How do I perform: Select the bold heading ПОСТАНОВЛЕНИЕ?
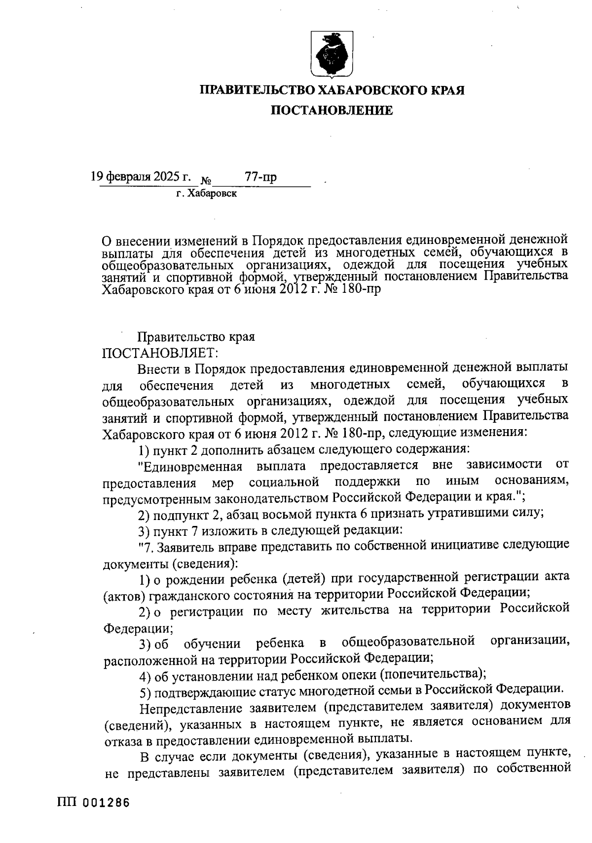(332, 110)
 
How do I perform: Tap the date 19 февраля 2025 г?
(141, 177)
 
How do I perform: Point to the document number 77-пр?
(260, 177)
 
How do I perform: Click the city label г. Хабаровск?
(207, 194)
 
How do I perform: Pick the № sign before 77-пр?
(206, 180)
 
